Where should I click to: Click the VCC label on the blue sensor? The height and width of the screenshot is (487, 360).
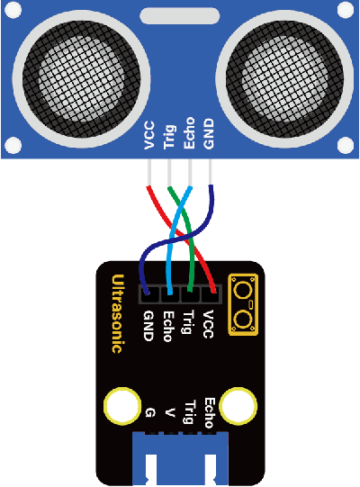tap(149, 135)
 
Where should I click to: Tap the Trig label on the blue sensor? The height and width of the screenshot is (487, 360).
tap(170, 137)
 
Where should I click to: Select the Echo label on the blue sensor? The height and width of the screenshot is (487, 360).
tap(189, 133)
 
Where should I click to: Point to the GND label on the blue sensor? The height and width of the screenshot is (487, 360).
tap(209, 134)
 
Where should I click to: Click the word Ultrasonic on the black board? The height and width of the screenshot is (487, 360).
tap(118, 313)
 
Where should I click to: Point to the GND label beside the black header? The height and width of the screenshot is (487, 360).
tap(148, 326)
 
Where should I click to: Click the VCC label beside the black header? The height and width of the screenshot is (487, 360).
tap(208, 324)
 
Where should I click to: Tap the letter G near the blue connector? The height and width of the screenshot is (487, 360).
tap(150, 413)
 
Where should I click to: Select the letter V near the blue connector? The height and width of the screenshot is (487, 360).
tap(169, 413)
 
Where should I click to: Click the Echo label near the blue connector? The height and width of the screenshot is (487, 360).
tap(209, 413)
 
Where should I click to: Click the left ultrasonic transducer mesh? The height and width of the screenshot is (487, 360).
tap(81, 78)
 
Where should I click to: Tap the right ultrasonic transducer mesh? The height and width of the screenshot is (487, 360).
tap(284, 78)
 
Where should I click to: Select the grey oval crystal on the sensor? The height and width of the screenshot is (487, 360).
tap(179, 16)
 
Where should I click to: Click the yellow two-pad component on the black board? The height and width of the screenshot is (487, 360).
tap(243, 304)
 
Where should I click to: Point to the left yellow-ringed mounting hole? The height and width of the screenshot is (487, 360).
tap(122, 406)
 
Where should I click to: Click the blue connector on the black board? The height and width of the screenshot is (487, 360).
tap(180, 459)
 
